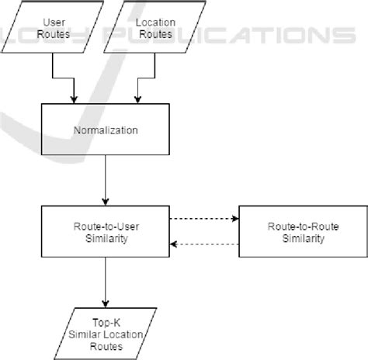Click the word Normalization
point(106,130)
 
